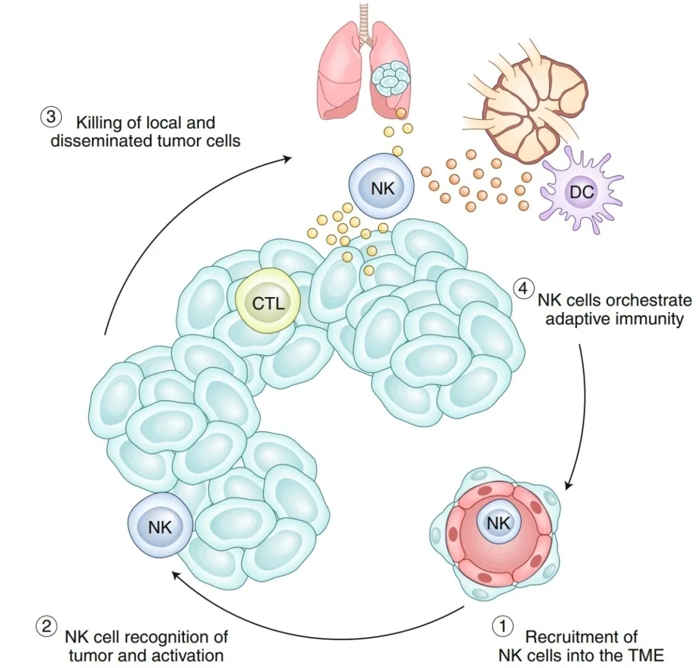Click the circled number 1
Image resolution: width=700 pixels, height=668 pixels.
pos(502,627)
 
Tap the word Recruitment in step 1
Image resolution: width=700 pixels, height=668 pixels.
pos(581,637)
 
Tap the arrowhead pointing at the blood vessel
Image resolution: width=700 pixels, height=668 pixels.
pos(568,486)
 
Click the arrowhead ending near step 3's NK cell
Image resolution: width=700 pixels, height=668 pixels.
pos(286,157)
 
